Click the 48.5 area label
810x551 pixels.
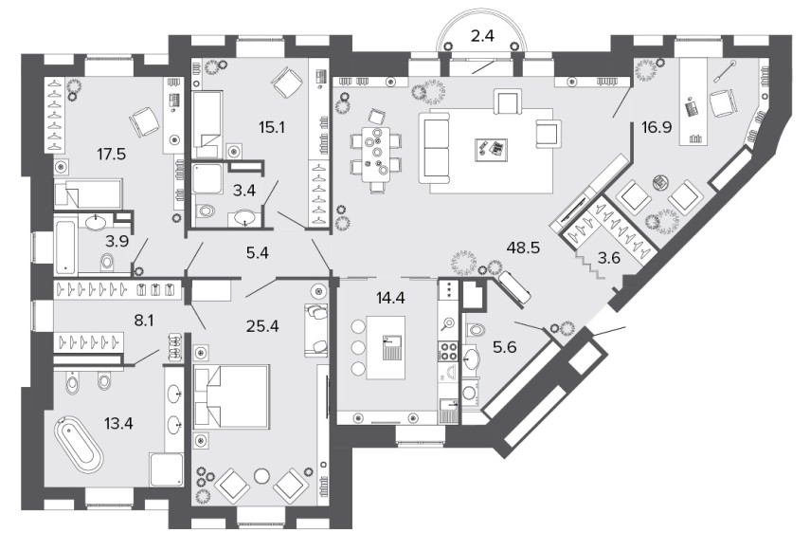tap(523, 248)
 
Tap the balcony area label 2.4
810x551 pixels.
tap(482, 36)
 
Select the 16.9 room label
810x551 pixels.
tap(657, 127)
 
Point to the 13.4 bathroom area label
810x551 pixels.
tap(118, 424)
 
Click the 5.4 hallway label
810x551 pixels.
tap(258, 253)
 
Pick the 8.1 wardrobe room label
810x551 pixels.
tap(144, 321)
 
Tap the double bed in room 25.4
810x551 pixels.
tap(231, 396)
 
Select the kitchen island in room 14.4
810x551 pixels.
tap(386, 348)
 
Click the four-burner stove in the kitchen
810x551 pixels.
tap(448, 352)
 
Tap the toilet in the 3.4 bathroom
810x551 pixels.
tap(207, 211)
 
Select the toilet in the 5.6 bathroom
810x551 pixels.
tap(475, 329)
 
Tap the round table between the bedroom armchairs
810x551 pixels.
tap(262, 475)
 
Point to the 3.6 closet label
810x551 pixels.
tap(608, 257)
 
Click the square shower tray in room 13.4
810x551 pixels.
tap(167, 469)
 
